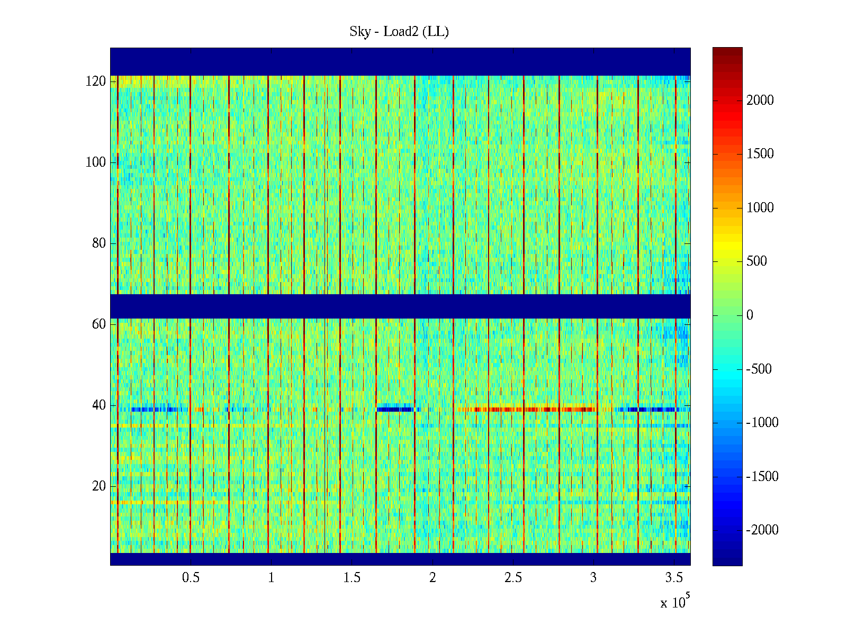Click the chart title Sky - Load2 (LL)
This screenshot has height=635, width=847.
[399, 32]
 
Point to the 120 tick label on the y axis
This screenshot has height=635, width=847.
[96, 81]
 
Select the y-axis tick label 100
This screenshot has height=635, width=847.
[96, 162]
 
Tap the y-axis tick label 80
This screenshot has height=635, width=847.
[99, 243]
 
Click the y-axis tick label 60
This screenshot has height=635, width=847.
[99, 324]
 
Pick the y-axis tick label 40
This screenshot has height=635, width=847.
[99, 405]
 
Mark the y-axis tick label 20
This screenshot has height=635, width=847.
[99, 486]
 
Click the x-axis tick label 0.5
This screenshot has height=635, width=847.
[191, 578]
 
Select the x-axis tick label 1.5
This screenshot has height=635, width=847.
[352, 578]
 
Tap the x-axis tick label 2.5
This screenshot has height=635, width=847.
[513, 578]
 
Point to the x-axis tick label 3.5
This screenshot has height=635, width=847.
[674, 578]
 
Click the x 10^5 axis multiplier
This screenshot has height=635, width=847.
[675, 602]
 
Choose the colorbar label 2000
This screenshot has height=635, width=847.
[760, 101]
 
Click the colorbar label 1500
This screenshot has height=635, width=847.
[760, 154]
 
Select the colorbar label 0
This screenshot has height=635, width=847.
[750, 315]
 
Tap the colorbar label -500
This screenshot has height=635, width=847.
[759, 369]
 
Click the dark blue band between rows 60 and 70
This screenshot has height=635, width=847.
[400, 306]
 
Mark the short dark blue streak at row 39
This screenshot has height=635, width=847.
[395, 409]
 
